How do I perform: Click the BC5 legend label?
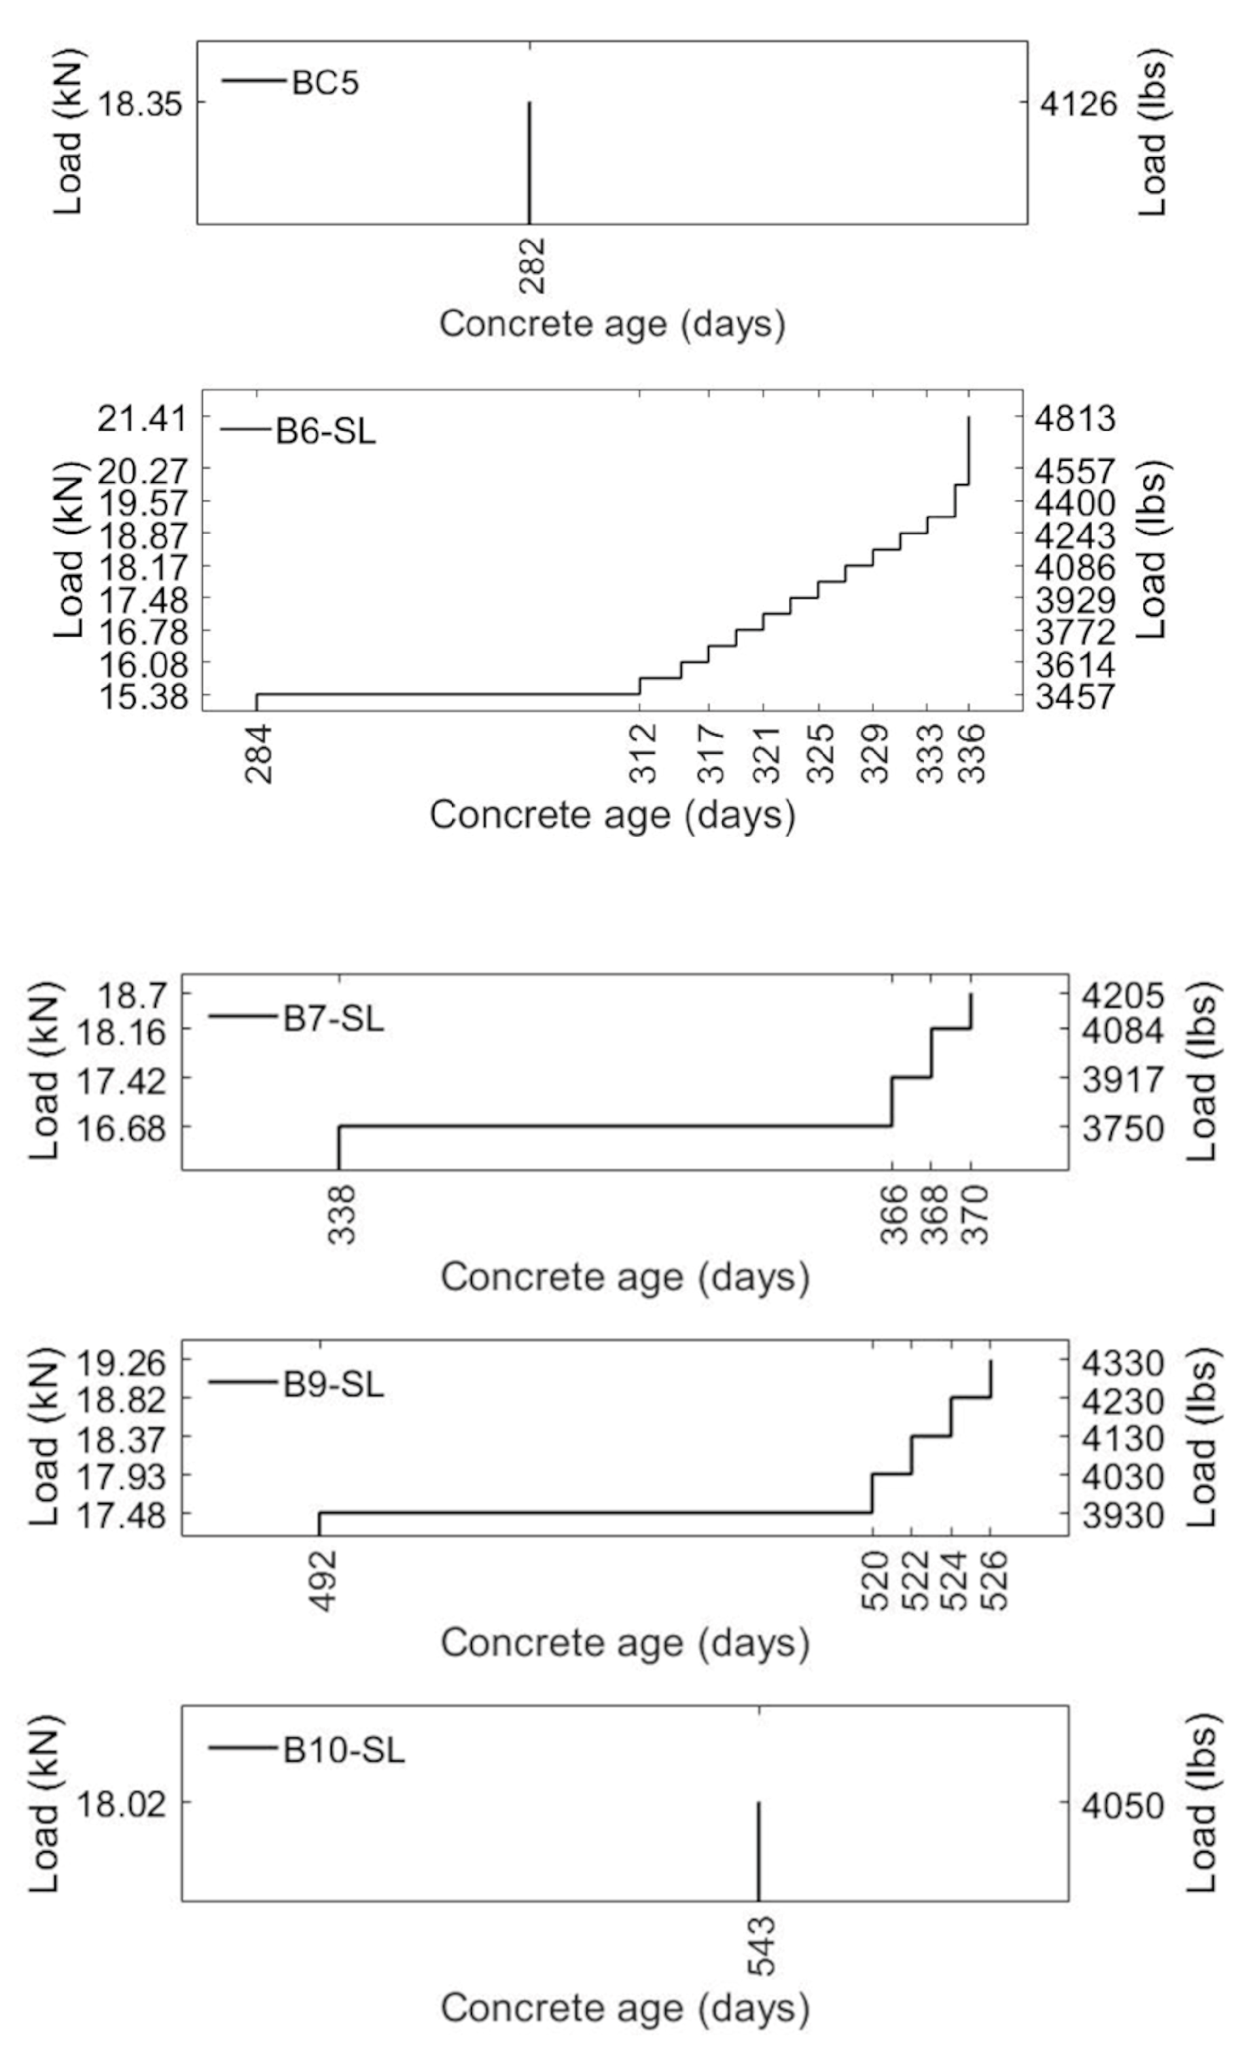tap(325, 83)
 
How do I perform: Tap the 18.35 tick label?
tap(140, 104)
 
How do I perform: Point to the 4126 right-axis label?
tap(1079, 104)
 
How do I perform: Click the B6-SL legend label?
tap(325, 433)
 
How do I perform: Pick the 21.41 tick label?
tap(143, 418)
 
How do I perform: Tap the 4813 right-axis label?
tap(1076, 418)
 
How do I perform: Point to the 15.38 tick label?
tap(143, 696)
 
